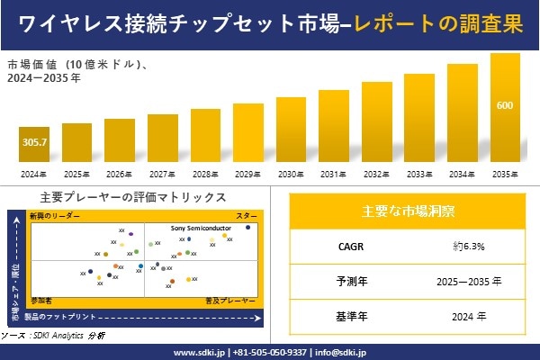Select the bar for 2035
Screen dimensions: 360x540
coord(505,108)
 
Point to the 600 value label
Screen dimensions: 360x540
coord(505,106)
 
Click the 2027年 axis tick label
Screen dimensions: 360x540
coord(162,174)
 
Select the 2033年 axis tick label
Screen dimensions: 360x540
coord(419,174)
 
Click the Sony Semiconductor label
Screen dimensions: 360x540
coord(202,229)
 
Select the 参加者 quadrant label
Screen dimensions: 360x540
coord(41,298)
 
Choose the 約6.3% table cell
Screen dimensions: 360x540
coord(469,245)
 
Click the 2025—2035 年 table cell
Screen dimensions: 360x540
coord(469,281)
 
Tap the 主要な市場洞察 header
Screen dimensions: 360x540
coord(408,211)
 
